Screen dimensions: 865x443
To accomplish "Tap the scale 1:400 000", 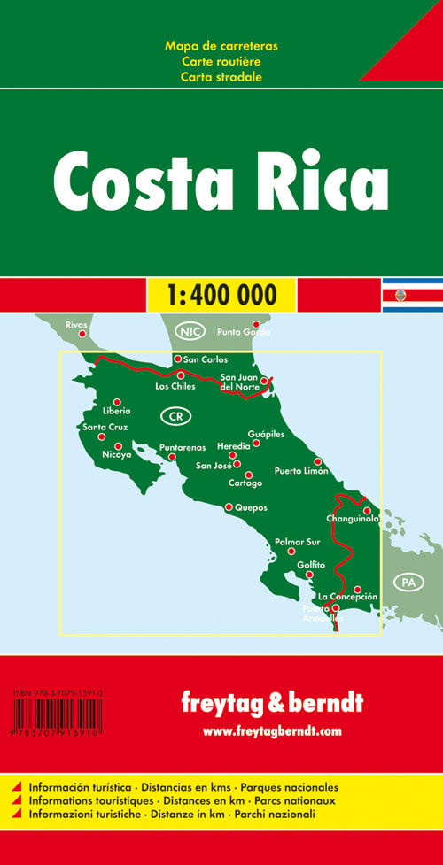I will pyautogui.click(x=221, y=293).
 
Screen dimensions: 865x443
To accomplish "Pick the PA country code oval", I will pyautogui.click(x=407, y=557).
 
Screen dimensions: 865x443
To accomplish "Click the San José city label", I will pyautogui.click(x=214, y=466).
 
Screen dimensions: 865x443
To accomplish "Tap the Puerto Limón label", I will pyautogui.click(x=301, y=471).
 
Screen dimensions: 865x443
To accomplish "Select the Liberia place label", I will pyautogui.click(x=116, y=411).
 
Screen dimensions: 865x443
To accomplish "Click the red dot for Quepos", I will pyautogui.click(x=229, y=507).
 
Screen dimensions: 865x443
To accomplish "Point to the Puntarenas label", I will pyautogui.click(x=183, y=447).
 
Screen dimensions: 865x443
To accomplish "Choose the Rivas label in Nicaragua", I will pyautogui.click(x=77, y=325).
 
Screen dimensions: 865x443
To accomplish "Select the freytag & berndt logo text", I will pyautogui.click(x=272, y=706).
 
